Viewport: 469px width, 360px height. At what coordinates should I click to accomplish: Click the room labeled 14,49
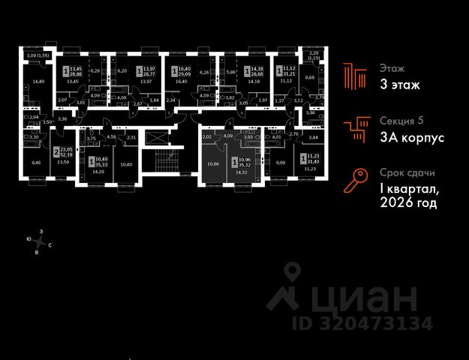[36, 82]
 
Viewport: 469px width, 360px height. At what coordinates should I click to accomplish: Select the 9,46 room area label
[36, 161]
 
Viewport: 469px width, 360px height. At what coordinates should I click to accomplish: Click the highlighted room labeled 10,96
[212, 163]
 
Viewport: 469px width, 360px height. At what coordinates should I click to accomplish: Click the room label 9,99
[281, 162]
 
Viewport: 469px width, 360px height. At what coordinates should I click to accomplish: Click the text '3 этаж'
[399, 85]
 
